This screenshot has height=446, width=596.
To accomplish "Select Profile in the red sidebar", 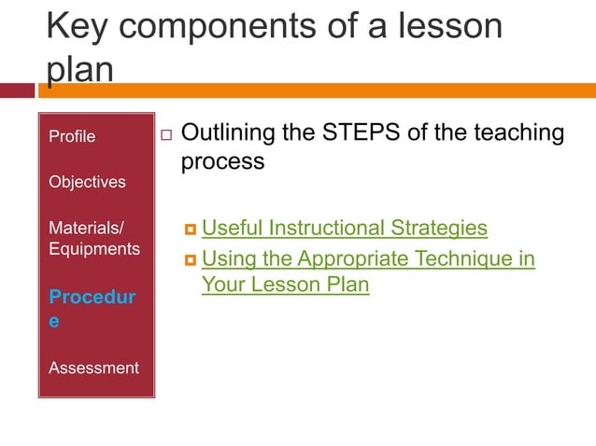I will click(72, 136).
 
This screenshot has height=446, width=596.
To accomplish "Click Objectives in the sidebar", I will click(87, 181).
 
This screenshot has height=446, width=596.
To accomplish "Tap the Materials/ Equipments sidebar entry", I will click(94, 238).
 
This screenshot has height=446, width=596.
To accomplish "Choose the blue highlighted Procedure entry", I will click(92, 308).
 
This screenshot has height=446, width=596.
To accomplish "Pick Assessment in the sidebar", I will click(93, 368).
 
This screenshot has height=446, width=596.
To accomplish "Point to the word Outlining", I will click(228, 132).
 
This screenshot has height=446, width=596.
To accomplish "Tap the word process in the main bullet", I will click(222, 160).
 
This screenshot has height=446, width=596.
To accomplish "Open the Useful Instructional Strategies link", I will click(345, 228).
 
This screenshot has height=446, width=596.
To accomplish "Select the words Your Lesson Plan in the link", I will click(285, 285).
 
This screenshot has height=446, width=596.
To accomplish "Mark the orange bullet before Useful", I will click(190, 230).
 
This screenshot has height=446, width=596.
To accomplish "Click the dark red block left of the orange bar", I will click(16, 91).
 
